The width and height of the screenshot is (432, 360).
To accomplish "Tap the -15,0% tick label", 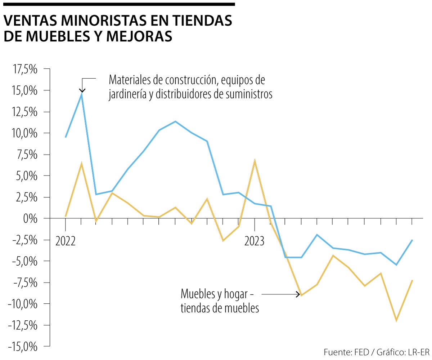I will point(22,347).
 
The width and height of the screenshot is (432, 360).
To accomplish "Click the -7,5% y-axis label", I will point(24,283).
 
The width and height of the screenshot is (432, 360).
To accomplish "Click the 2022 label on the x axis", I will point(66,241).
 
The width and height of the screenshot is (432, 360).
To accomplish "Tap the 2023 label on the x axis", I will point(255,241).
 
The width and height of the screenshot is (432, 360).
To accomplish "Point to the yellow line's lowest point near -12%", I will point(396,320).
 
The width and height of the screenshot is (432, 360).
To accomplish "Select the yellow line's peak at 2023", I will point(255,160).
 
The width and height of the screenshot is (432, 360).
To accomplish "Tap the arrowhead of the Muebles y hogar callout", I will point(298,294).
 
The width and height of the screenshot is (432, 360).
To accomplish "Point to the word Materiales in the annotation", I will point(128,79).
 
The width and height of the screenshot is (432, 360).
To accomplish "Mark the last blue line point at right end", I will point(412,240).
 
